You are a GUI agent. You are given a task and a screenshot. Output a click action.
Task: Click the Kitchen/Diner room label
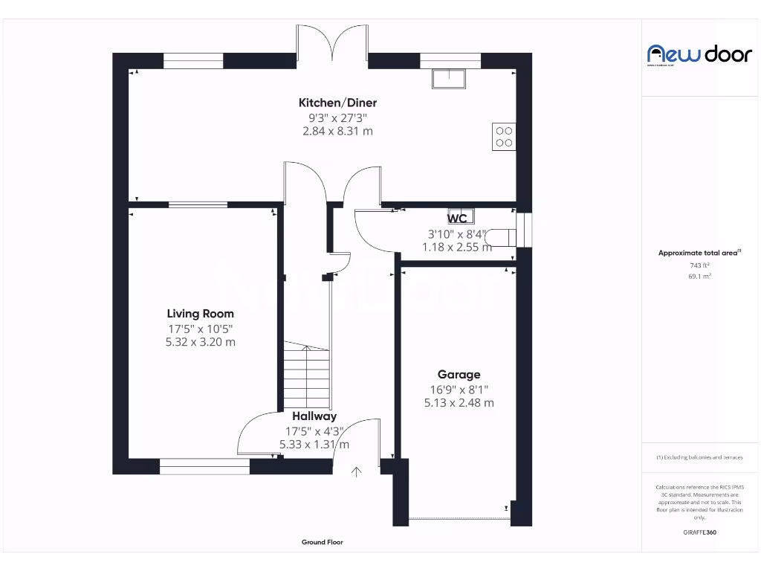pyautogui.click(x=337, y=103)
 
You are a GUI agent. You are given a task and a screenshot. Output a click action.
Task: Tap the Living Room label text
pyautogui.click(x=200, y=314)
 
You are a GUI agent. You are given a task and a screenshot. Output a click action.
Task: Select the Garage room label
pyautogui.click(x=459, y=375)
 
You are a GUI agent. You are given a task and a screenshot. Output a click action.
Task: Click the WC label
pyautogui.click(x=457, y=219)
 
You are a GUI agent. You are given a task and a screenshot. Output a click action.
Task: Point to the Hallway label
pyautogui.click(x=314, y=416)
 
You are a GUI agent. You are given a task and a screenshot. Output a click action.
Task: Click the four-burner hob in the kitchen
pyautogui.click(x=504, y=136)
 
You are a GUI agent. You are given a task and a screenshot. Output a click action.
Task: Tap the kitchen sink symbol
pyautogui.click(x=448, y=78)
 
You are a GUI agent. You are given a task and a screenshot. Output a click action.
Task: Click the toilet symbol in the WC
pyautogui.click(x=502, y=236)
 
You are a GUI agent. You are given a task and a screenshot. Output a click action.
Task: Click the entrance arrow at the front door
pyautogui.click(x=357, y=471)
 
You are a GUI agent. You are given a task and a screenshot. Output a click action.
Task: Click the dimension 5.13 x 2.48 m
pyautogui.click(x=459, y=403)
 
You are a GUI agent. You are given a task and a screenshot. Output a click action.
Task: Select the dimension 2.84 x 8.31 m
pyautogui.click(x=337, y=131)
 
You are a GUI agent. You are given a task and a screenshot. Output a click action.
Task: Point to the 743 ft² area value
pyautogui.click(x=699, y=265)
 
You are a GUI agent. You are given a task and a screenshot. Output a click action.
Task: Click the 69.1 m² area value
pyautogui.click(x=699, y=276)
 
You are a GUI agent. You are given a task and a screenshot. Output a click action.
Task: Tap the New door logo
pyautogui.click(x=689, y=54)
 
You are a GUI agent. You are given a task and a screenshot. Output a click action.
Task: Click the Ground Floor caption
pyautogui.click(x=323, y=543)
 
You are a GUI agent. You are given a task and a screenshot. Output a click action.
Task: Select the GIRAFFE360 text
pyautogui.click(x=699, y=532)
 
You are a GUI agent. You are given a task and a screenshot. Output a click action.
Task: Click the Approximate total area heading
pyautogui.click(x=699, y=253)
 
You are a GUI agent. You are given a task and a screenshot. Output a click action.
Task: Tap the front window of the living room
pyautogui.click(x=204, y=466)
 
